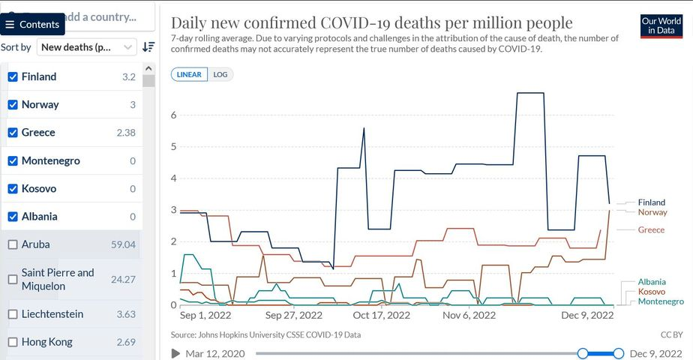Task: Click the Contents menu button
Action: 32,24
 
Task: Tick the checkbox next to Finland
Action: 13,77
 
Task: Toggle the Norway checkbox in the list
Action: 13,105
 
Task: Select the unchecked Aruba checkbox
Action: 13,244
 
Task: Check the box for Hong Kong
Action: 13,342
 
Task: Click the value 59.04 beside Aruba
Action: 123,244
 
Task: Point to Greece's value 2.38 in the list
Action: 125,133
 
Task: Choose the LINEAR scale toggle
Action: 189,75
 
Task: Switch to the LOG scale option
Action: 220,75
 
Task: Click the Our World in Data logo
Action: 661,25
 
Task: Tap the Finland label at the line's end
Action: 651,202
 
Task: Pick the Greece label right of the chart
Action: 651,229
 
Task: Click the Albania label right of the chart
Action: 652,282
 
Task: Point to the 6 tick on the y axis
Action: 173,115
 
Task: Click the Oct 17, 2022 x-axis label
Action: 382,316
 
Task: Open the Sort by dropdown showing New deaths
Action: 87,46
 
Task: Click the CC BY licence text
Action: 671,334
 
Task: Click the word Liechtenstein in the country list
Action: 52,314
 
